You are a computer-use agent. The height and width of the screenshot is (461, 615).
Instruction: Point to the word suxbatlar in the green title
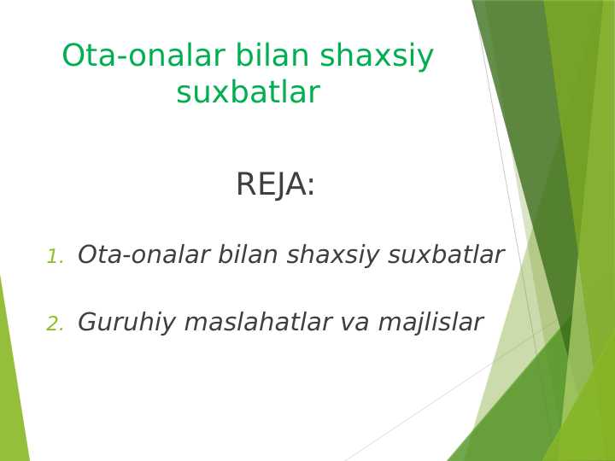coord(248,93)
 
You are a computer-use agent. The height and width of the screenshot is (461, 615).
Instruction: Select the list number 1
coord(54,257)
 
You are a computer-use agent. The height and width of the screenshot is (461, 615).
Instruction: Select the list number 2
coord(54,324)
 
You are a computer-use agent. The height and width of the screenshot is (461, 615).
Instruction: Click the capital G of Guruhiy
coord(87,322)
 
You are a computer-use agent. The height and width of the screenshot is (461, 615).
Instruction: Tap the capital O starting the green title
coord(74,56)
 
